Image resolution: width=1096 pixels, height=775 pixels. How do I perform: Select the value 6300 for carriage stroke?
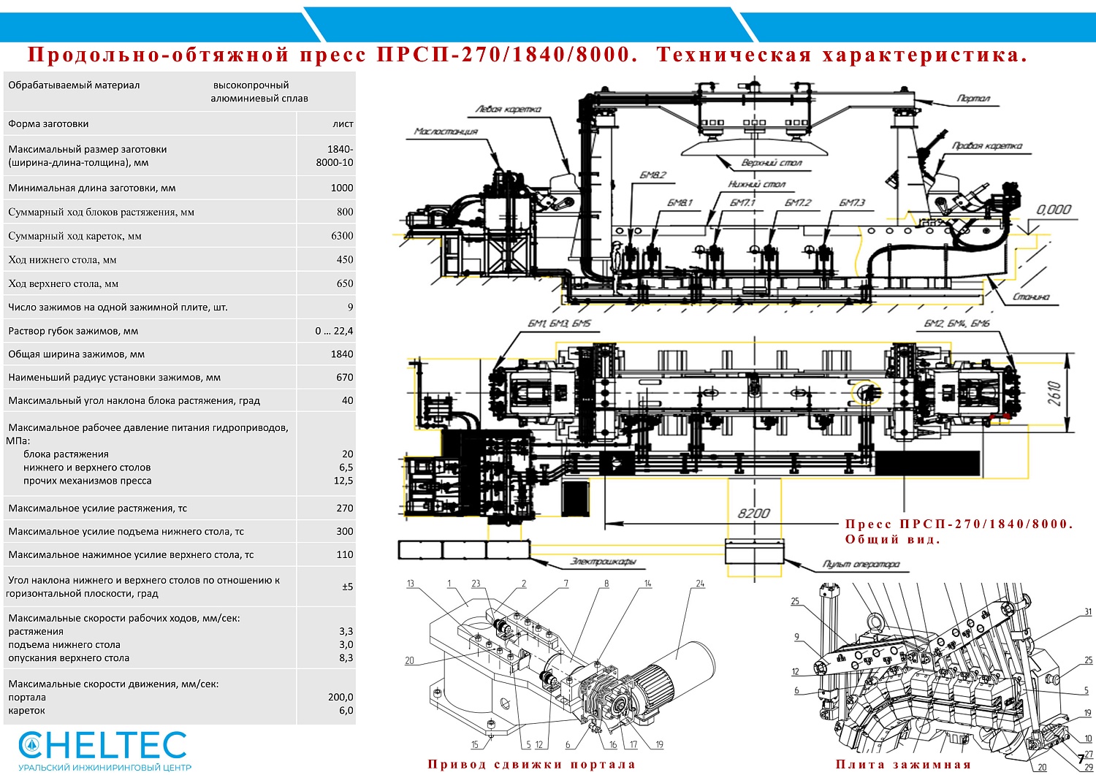(342, 236)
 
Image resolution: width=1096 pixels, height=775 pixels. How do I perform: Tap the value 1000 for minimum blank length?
(342, 188)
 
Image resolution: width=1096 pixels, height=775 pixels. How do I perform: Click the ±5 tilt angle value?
(347, 587)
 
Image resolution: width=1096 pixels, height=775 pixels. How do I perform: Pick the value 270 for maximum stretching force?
(345, 508)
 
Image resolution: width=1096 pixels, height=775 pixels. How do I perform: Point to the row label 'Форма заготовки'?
(48, 124)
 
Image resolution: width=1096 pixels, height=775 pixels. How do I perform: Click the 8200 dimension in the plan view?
(753, 513)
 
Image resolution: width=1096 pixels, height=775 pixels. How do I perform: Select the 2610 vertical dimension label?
(1054, 394)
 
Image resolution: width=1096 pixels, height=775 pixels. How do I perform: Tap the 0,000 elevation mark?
(1054, 210)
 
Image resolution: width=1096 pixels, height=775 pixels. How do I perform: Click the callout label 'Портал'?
(973, 98)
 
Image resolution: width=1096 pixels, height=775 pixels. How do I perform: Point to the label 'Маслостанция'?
(446, 131)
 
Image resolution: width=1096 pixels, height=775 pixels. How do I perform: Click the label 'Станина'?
(1031, 297)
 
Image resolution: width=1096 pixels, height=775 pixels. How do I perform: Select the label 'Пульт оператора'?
(861, 565)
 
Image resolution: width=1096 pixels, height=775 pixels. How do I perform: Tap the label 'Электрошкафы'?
(603, 562)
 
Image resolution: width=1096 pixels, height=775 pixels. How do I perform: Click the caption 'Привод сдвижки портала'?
(531, 764)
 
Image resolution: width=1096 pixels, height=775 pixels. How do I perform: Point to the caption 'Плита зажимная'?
(903, 764)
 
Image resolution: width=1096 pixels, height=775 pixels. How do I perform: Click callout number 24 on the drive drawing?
(700, 584)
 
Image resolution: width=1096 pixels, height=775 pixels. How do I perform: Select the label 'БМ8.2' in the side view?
(652, 175)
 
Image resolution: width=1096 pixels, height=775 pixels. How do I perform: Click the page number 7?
(1081, 760)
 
